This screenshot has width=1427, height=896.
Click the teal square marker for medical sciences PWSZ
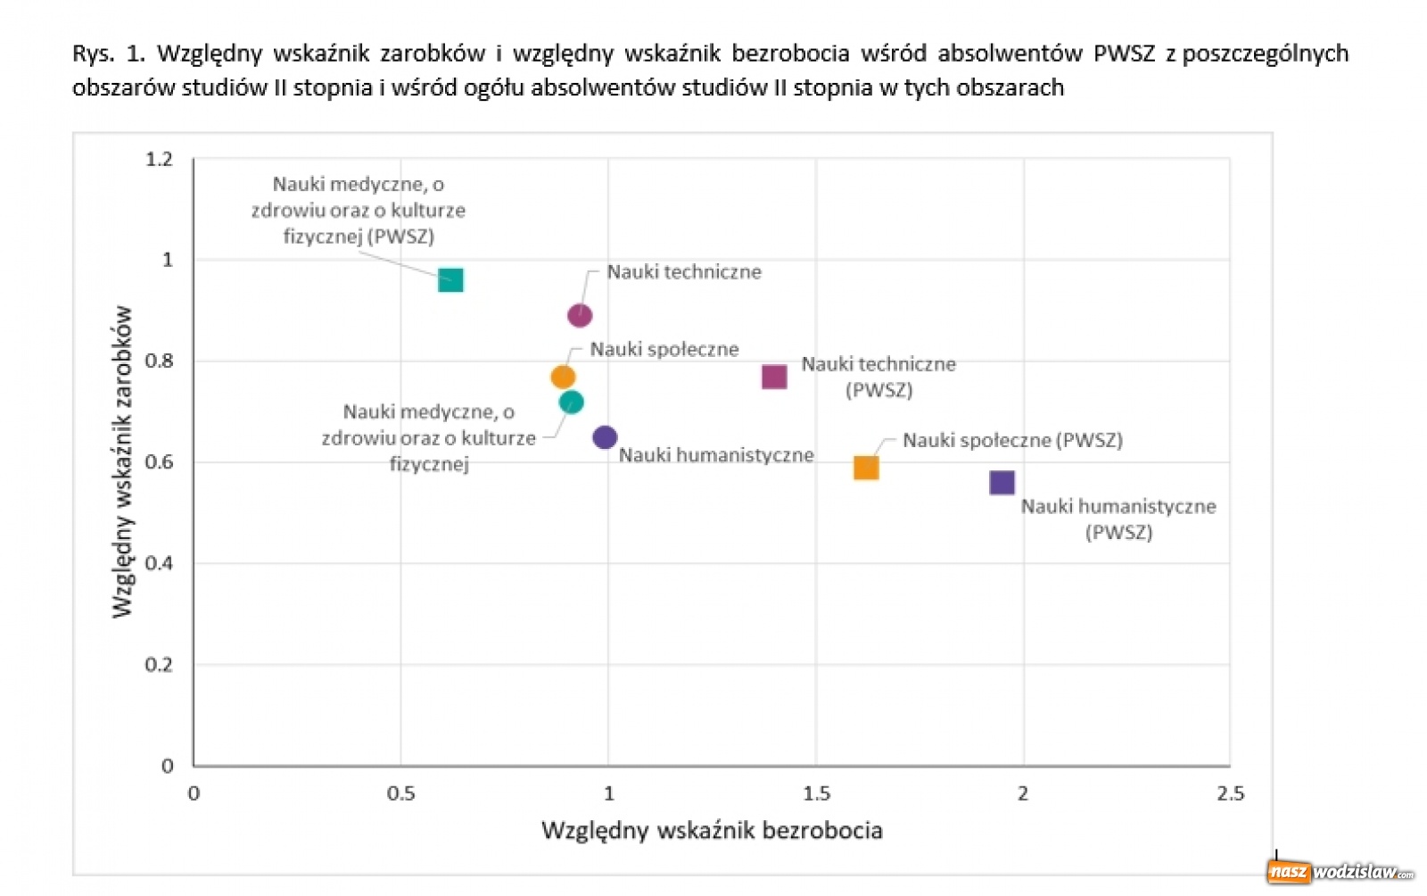coord(450,280)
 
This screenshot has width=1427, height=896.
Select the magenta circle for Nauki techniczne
coord(580,315)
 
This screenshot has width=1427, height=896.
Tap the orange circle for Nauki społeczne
coord(563,377)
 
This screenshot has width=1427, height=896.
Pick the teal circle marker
coord(572,402)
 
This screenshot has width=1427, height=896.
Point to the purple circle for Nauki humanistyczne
coord(605,437)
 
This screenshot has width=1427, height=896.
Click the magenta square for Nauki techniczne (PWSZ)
coord(774,377)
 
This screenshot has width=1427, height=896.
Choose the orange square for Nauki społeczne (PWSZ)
coord(866,468)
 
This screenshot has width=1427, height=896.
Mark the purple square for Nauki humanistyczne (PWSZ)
coord(1002,483)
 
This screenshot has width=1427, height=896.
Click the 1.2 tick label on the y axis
coord(159,160)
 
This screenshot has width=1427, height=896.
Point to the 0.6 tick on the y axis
coord(159,462)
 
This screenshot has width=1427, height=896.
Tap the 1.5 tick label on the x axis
coord(816,793)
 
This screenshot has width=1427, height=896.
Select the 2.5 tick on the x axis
coord(1230,793)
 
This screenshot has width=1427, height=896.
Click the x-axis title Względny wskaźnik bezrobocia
coord(712,831)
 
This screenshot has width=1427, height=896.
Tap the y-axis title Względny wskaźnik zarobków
coord(122,462)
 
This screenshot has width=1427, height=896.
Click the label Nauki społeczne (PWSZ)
coord(1012,440)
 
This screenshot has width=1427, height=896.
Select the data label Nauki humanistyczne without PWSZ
coord(716,455)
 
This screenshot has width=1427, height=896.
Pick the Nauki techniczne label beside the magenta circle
coord(684,272)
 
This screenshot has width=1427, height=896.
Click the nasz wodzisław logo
coord(1340,872)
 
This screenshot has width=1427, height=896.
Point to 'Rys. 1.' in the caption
coord(108,54)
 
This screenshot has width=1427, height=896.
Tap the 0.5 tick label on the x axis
coord(401,793)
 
